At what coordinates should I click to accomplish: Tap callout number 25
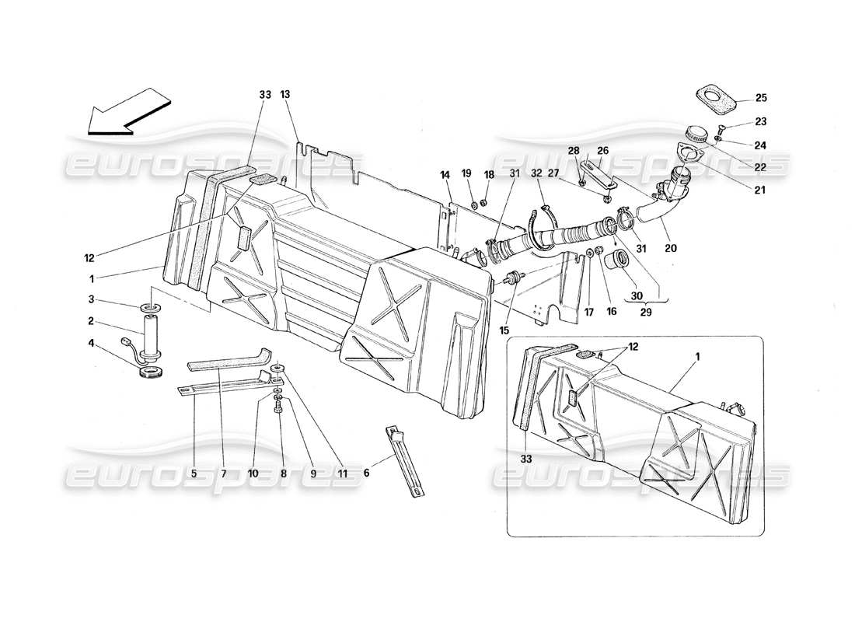pos(760,98)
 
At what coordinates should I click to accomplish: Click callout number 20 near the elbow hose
pos(670,249)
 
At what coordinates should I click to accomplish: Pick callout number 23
pos(760,121)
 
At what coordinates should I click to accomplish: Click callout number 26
pos(602,151)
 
